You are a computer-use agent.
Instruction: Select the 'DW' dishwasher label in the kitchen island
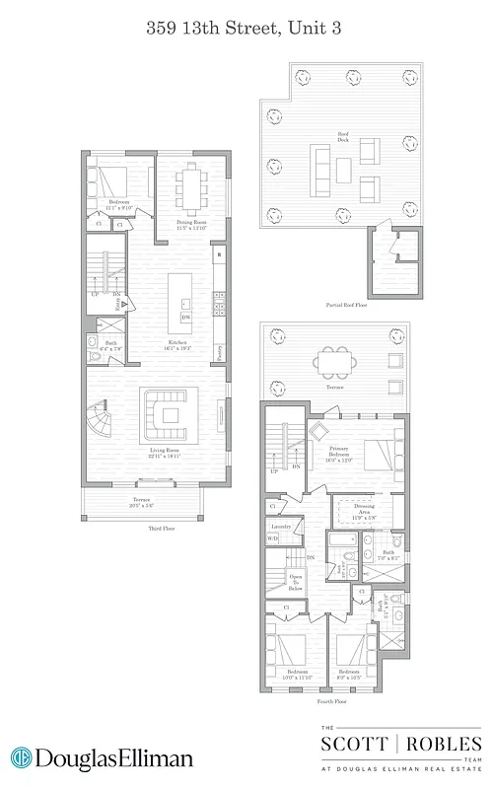tap(185, 317)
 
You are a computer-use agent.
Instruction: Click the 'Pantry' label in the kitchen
tap(218, 352)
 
